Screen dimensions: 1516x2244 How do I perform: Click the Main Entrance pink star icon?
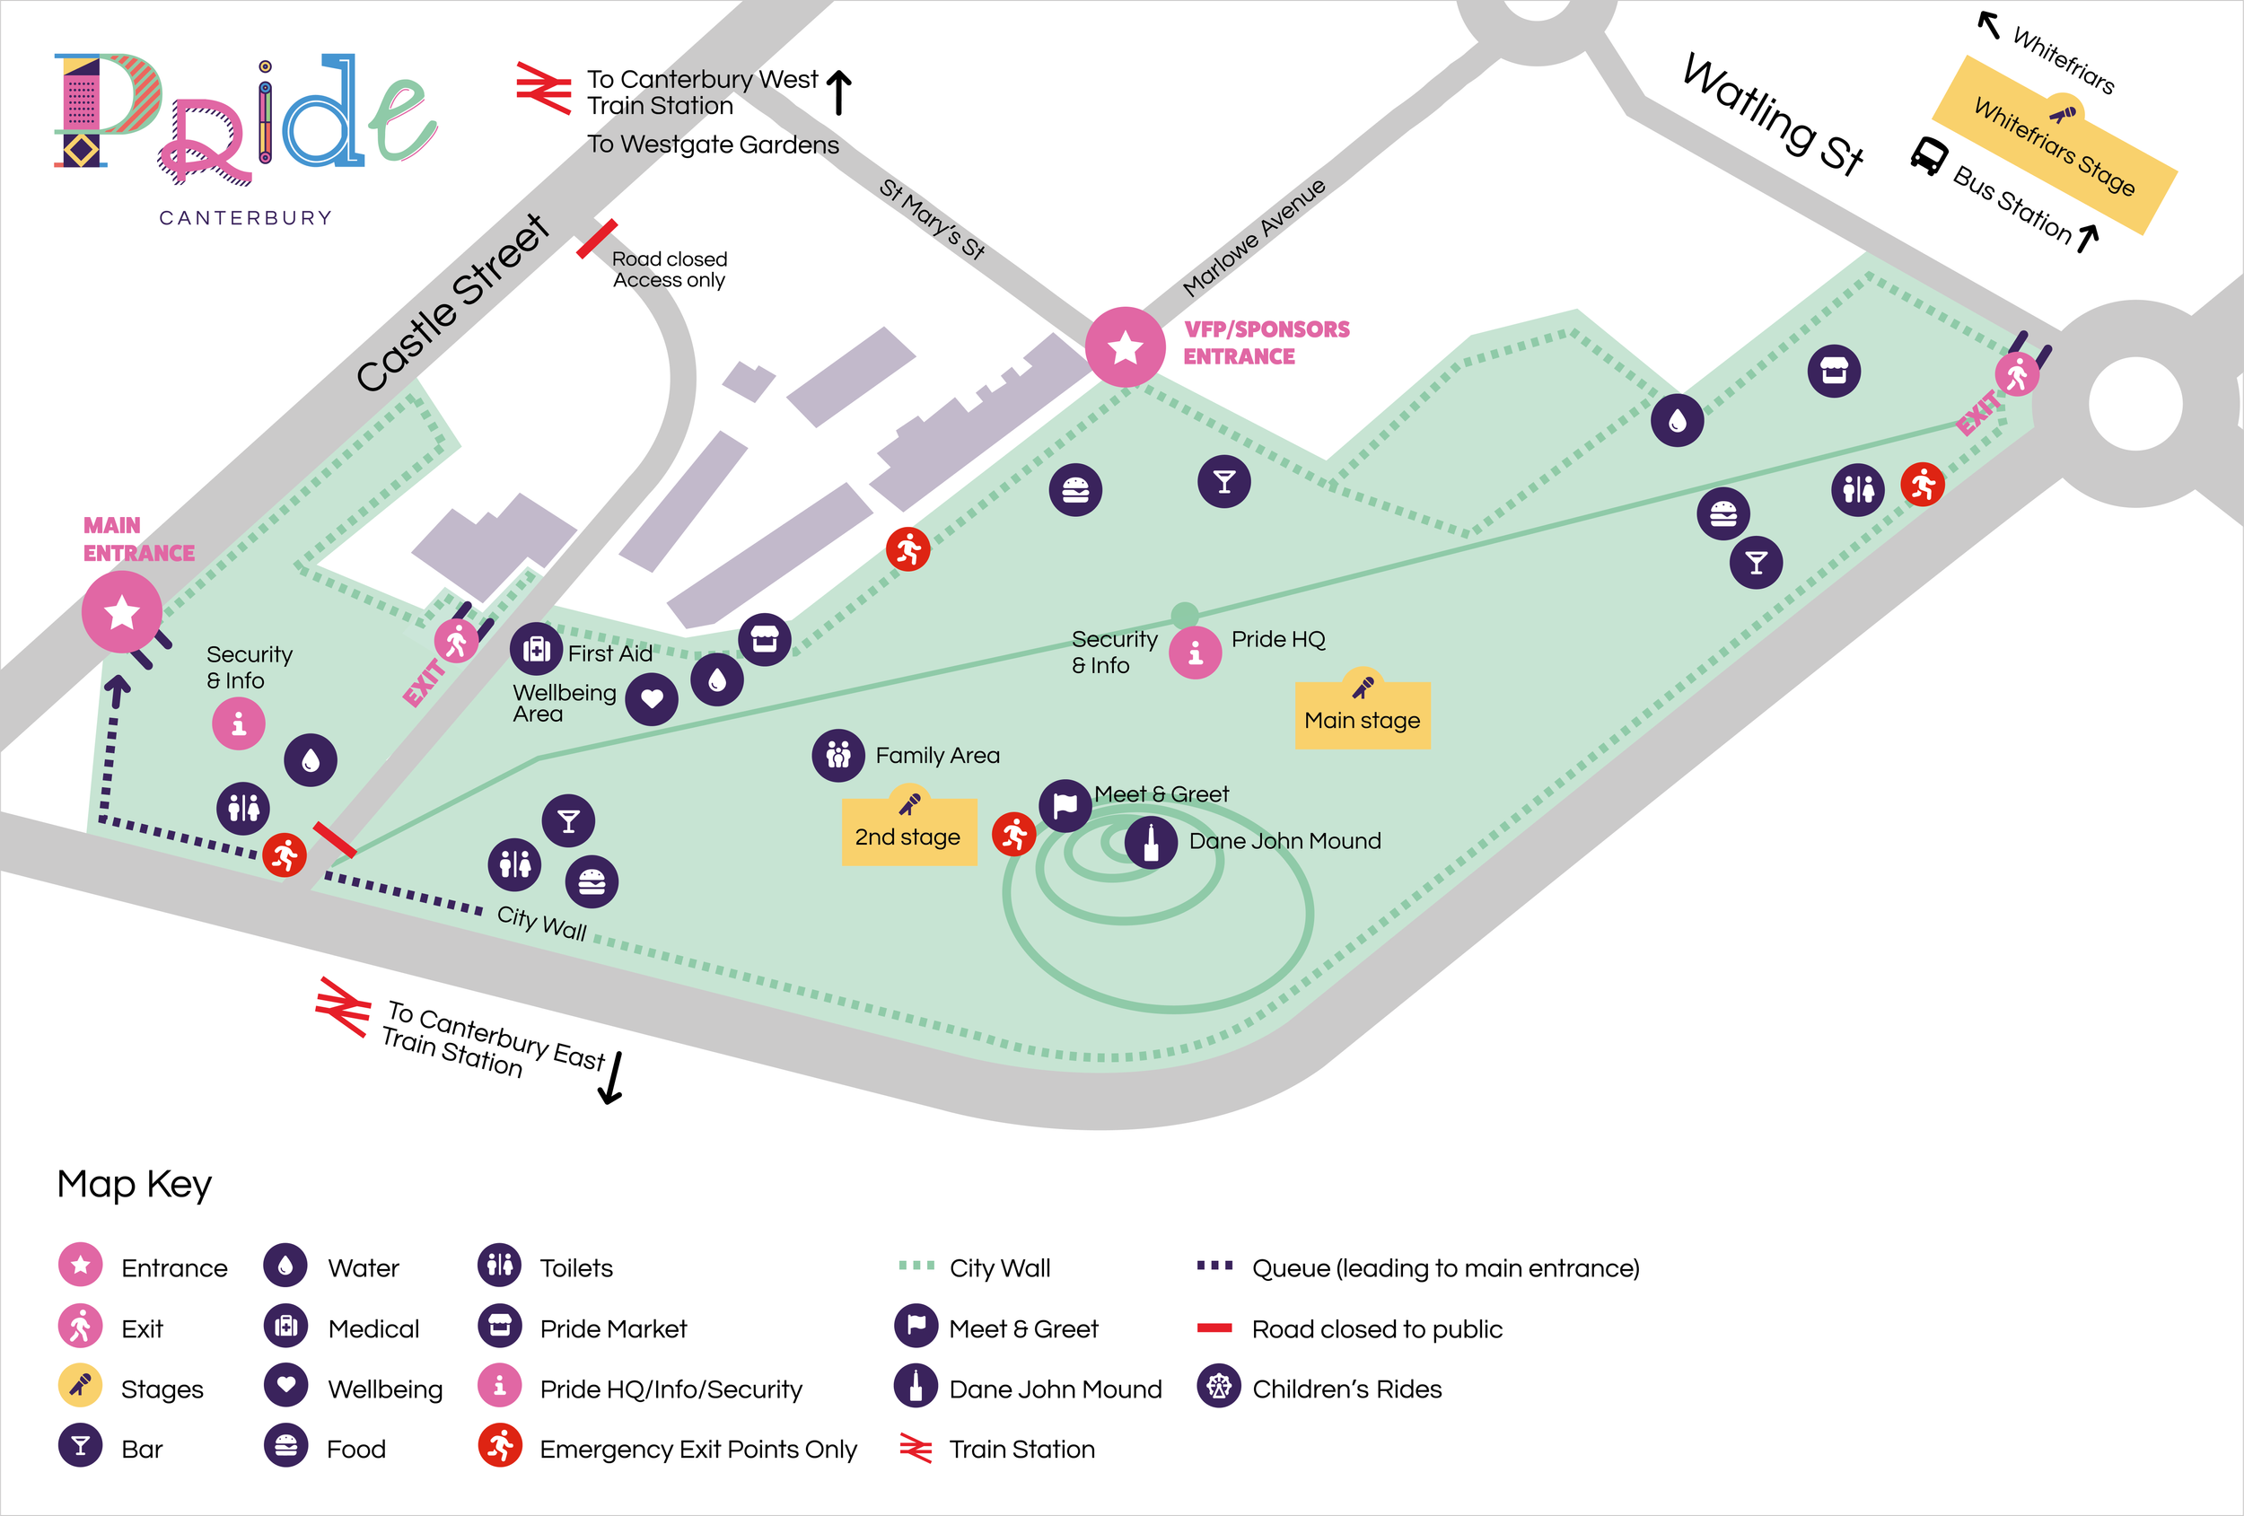tap(122, 612)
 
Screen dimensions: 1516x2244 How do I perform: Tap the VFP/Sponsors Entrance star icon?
tap(1125, 346)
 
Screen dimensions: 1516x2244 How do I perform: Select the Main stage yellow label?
tap(1362, 715)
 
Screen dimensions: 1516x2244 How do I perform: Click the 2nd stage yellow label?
tap(907, 832)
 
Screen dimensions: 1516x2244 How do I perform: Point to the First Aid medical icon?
tap(536, 650)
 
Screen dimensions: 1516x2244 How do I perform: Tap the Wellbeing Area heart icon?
tap(652, 698)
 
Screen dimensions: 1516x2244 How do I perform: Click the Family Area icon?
tap(838, 755)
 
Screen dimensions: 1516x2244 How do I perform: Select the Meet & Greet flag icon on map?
tap(1065, 804)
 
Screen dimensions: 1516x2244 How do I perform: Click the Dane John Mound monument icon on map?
tap(1150, 842)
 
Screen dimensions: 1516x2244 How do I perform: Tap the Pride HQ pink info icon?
tap(1196, 653)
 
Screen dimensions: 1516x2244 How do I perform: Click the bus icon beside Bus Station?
tap(1928, 155)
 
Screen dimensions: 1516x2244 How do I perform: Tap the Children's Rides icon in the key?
tap(1219, 1387)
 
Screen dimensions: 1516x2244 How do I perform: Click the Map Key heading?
tap(135, 1184)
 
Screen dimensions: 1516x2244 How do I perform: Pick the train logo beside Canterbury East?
tap(343, 1007)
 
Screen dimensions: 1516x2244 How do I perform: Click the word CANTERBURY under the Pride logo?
tap(245, 218)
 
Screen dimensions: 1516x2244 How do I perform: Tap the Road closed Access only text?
tap(669, 269)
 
